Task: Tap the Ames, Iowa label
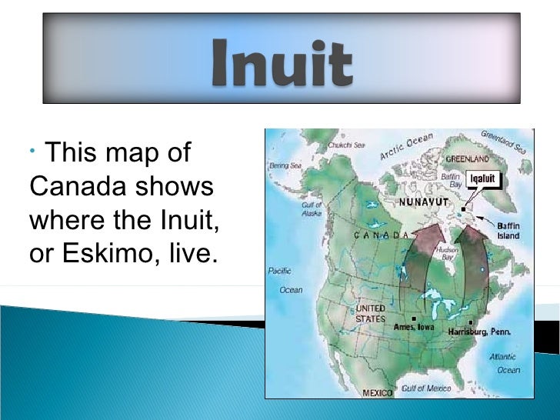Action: coord(414,326)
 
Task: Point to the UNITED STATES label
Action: coord(370,313)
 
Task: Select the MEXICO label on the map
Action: coord(377,392)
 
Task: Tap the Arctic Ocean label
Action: coord(405,146)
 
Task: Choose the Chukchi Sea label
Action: coord(345,144)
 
